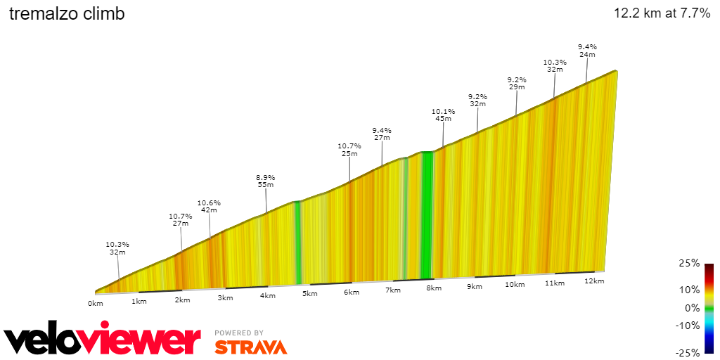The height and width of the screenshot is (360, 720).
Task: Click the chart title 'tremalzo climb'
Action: pos(67,14)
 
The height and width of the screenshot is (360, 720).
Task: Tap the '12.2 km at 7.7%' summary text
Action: pos(662,13)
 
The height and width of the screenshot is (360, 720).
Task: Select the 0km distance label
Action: pos(96,303)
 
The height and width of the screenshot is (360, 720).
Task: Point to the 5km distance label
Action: pos(310,294)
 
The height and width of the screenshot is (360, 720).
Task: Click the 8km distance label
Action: pos(434,288)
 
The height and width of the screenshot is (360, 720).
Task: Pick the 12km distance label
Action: pos(594,281)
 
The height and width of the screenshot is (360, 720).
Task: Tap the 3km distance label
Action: pos(225,297)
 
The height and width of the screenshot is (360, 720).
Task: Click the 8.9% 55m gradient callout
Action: pos(266,181)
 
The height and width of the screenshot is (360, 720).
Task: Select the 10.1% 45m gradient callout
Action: pos(443,115)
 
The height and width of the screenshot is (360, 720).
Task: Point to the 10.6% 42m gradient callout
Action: pos(209,206)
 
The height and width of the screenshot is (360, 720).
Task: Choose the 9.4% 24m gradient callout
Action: pos(587,51)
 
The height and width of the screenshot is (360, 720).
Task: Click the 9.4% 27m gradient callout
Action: pos(382,134)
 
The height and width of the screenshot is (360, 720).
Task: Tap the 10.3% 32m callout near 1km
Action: pos(117,248)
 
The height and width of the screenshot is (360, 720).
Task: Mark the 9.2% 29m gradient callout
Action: pos(517,83)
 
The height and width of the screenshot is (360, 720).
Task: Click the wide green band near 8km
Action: pos(426,214)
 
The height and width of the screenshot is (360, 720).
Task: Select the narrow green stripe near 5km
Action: pos(297,243)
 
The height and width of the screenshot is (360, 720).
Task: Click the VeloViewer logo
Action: pos(103,340)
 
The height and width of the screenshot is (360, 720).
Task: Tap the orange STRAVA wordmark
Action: pos(250,347)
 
